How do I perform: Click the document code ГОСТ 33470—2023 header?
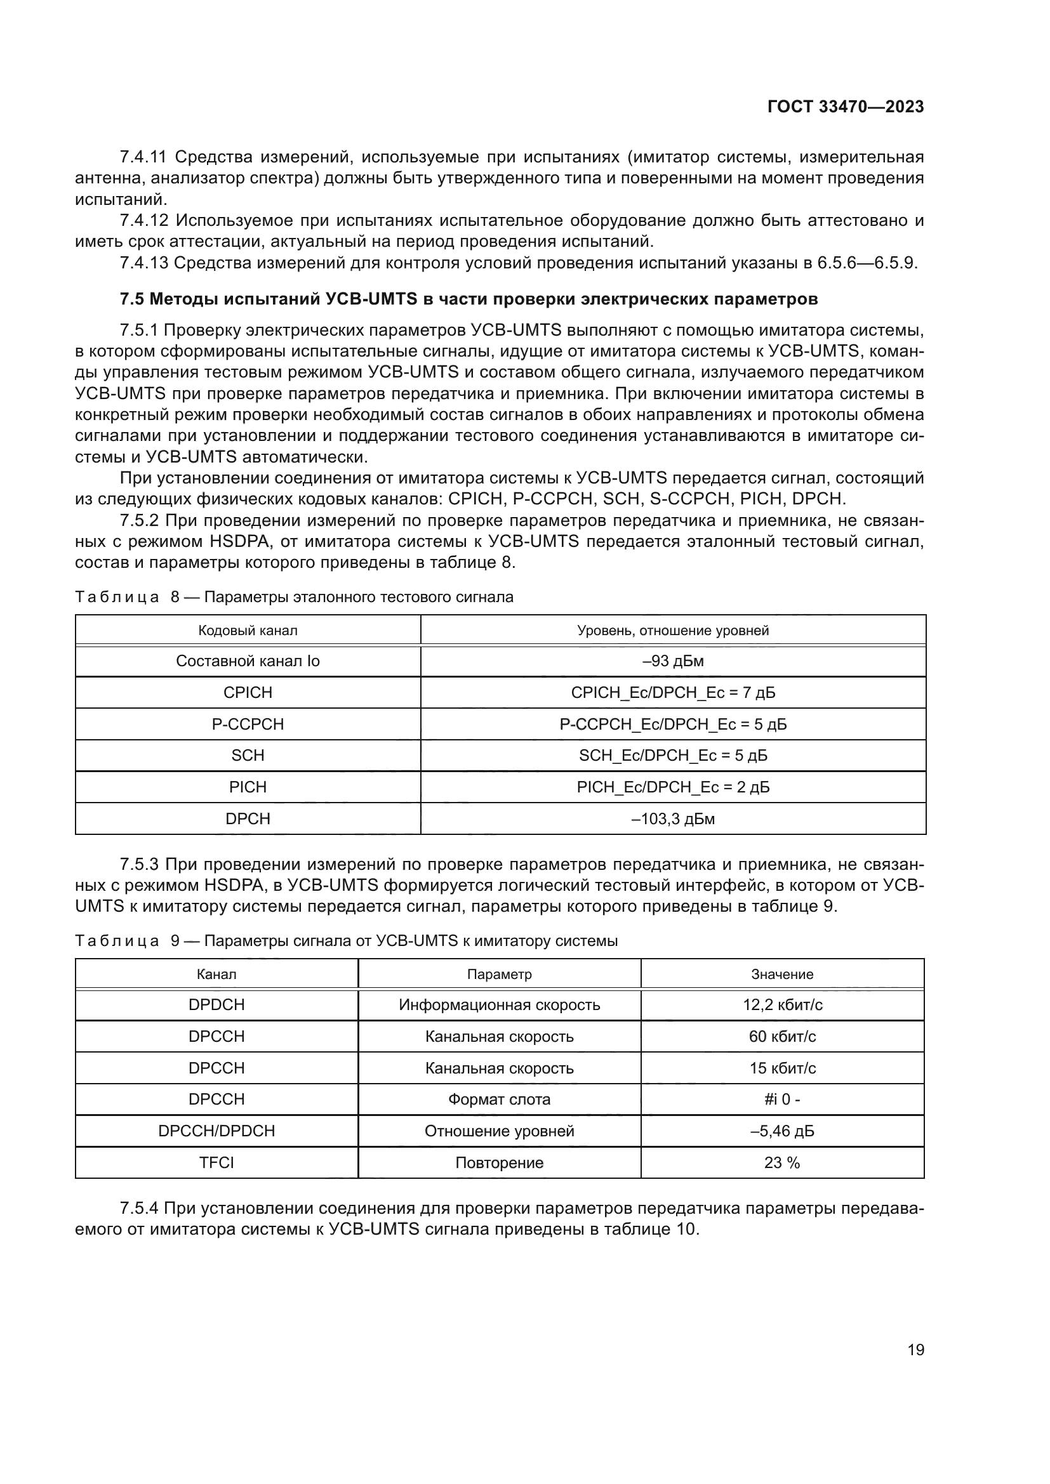(x=845, y=107)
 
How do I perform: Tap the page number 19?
(x=915, y=1349)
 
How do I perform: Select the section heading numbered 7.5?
(x=469, y=299)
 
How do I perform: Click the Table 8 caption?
(x=294, y=596)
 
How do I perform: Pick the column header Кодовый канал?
(x=248, y=630)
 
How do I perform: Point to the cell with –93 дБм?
(x=673, y=661)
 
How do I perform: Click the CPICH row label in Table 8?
(x=248, y=693)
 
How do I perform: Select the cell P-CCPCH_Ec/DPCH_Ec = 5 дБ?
(x=673, y=725)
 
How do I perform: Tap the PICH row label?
(x=248, y=787)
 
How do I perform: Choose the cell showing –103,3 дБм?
(x=673, y=819)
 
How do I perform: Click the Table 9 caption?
(x=346, y=940)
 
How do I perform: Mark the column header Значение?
(x=781, y=974)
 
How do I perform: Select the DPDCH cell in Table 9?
(x=216, y=1005)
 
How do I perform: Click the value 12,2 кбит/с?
(x=781, y=1005)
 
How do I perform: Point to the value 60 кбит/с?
(x=781, y=1037)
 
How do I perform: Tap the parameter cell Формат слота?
(x=499, y=1100)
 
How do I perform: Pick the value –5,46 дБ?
(x=781, y=1131)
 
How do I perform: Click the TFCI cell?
(x=216, y=1163)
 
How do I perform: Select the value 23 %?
(x=781, y=1163)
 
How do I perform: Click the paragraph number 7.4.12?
(x=143, y=221)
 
